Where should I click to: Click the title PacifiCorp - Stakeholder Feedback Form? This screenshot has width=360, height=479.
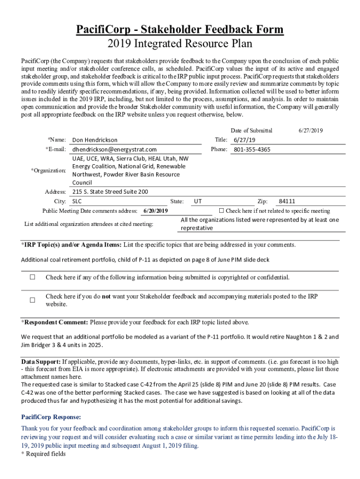180,30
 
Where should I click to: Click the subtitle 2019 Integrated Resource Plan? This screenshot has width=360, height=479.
180,44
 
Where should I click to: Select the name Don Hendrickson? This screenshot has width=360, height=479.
95,140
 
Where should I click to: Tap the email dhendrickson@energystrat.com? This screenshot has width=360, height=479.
115,149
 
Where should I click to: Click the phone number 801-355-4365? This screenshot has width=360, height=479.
252,150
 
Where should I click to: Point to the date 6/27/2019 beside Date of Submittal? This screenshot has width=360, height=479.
311,131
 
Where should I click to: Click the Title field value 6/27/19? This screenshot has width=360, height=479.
245,140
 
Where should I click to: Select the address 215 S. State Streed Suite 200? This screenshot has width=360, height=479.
110,192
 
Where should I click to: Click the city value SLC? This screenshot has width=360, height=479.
77,202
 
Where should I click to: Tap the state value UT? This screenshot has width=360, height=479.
198,202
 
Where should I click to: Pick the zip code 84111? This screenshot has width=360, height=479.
287,202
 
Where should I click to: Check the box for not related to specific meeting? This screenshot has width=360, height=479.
222,210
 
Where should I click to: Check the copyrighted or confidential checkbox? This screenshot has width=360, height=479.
33,277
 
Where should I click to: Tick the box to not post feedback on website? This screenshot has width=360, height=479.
33,300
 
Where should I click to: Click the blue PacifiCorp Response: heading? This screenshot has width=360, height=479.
51,417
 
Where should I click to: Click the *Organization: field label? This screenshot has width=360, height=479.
49,170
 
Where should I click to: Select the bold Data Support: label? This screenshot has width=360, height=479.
41,362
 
